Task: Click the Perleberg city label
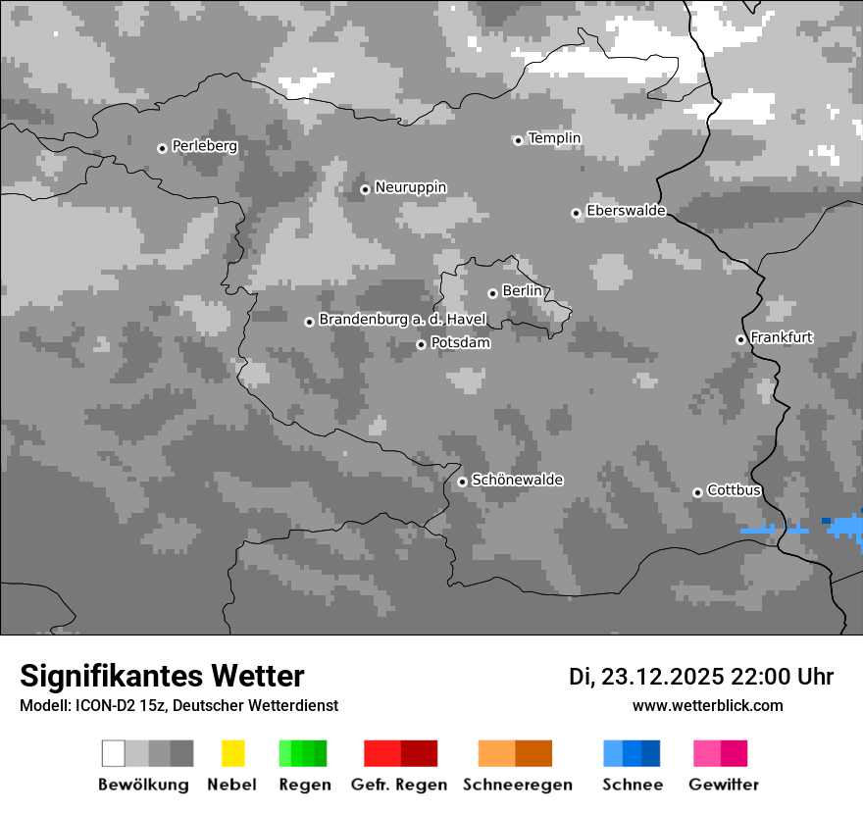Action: pos(204,146)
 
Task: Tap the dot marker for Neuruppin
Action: pos(365,189)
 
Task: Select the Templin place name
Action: pos(554,138)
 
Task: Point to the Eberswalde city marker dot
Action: pos(577,213)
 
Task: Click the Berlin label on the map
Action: pos(522,291)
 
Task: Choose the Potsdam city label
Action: pos(460,343)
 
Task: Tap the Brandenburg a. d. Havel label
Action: pos(402,320)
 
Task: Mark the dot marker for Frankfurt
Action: pos(740,339)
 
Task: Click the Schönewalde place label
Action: pos(517,480)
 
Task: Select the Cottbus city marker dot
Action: pos(697,492)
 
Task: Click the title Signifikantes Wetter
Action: pos(162,676)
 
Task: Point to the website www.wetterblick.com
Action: pos(707,705)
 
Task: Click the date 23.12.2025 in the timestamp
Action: pos(662,677)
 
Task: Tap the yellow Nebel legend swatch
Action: pos(232,753)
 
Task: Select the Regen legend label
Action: pos(303,785)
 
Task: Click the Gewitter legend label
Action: pos(723,785)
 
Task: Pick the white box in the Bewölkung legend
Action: pos(114,753)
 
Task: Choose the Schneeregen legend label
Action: pos(517,785)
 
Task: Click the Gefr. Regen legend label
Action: pos(398,785)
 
